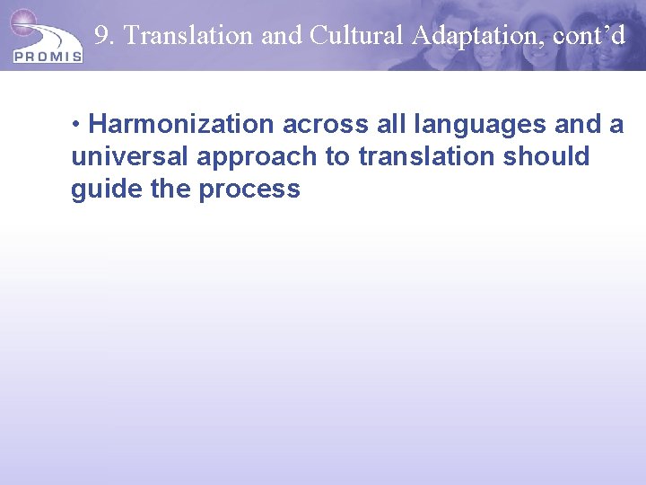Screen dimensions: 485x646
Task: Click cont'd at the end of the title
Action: pos(589,36)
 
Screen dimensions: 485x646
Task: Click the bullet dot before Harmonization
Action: pos(78,124)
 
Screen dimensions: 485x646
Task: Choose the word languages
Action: pos(472,124)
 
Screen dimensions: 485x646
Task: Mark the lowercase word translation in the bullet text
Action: pos(426,156)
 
